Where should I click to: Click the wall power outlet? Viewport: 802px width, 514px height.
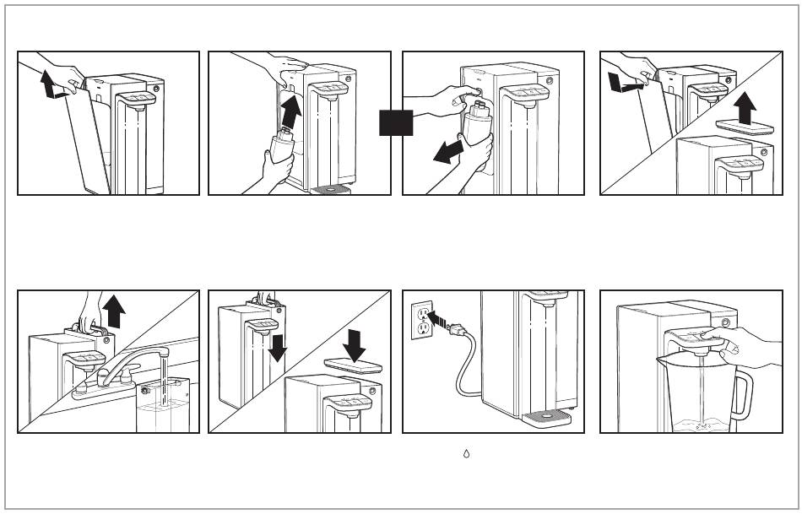[x=422, y=322]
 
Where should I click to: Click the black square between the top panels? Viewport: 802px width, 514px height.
[x=396, y=122]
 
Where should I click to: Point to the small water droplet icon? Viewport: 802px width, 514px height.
[x=466, y=454]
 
